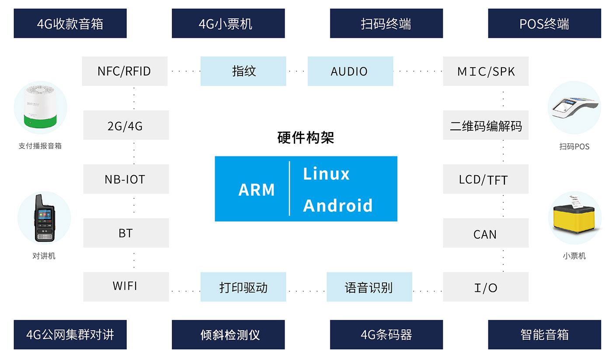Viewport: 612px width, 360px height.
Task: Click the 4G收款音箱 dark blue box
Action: point(70,24)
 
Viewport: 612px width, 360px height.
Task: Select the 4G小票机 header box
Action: point(228,24)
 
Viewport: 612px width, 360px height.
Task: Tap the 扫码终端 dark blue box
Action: point(386,24)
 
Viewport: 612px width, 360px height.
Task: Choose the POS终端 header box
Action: point(544,24)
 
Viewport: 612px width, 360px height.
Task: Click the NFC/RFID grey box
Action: point(125,71)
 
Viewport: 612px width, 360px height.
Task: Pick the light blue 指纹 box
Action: point(243,71)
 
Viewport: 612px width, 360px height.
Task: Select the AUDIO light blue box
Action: point(350,71)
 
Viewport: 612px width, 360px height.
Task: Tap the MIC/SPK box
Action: point(486,71)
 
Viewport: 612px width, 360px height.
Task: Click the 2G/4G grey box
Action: point(126,125)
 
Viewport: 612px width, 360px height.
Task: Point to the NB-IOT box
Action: point(126,179)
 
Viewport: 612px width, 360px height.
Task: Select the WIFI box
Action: point(126,287)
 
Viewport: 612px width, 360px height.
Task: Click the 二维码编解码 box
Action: point(486,125)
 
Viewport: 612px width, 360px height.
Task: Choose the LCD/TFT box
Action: point(486,179)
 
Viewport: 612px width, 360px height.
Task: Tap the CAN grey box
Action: point(486,233)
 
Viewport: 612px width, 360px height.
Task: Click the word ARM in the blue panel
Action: point(257,190)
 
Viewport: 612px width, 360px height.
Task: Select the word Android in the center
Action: point(337,205)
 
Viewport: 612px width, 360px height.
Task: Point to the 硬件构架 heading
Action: point(306,138)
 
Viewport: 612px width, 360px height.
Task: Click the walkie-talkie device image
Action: point(44,218)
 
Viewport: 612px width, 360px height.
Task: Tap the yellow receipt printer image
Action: point(574,218)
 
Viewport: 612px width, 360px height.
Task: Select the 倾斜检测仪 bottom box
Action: point(228,335)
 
